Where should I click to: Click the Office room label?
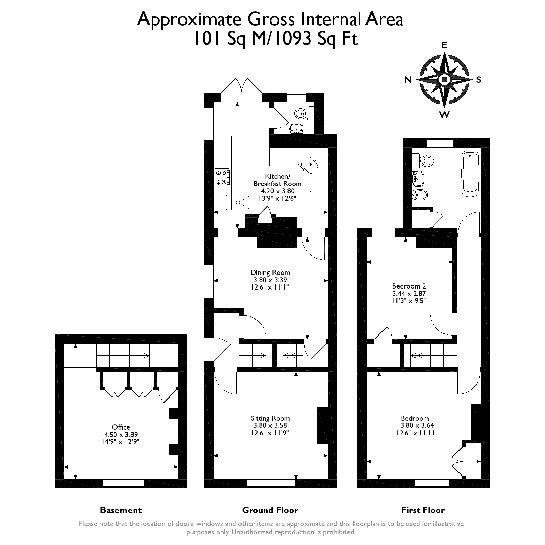click(x=121, y=427)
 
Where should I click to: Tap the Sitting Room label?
click(x=270, y=418)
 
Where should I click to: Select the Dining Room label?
click(x=270, y=272)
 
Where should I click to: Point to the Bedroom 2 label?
click(x=409, y=286)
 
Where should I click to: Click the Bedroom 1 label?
click(x=417, y=418)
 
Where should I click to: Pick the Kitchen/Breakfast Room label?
click(x=277, y=180)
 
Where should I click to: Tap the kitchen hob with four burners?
click(x=222, y=177)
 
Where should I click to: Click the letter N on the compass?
click(x=408, y=80)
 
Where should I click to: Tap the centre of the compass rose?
click(x=444, y=80)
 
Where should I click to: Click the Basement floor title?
click(x=121, y=510)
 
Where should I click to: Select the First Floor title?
click(x=423, y=510)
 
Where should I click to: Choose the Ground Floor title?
click(x=270, y=510)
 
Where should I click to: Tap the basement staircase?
click(x=123, y=356)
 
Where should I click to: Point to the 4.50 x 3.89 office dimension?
click(x=121, y=434)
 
